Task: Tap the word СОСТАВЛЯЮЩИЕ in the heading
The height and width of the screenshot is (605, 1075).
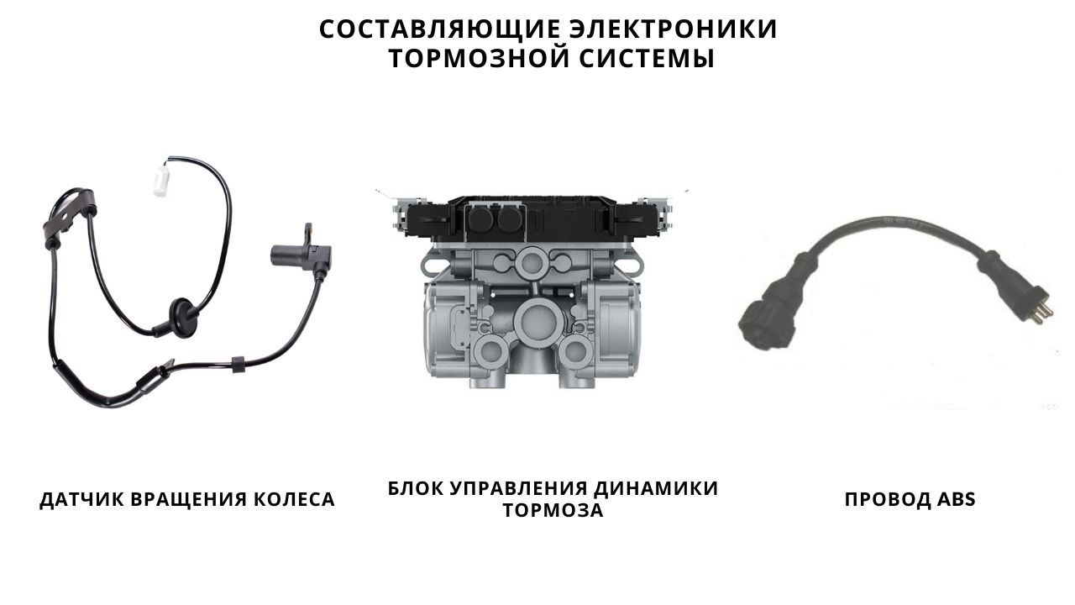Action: coord(439,29)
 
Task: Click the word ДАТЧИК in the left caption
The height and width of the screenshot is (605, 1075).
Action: coord(81,500)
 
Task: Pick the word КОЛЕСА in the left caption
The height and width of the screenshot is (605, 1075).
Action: coord(294,499)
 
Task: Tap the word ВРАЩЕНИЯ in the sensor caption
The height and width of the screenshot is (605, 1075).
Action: coord(189,500)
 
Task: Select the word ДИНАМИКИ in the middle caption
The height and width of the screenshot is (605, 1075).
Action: coord(656,488)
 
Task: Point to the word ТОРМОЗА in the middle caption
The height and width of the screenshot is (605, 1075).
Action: coord(553,510)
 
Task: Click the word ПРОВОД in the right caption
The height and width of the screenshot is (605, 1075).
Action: coord(888,500)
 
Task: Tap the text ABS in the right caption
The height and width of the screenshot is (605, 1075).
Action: coord(957,499)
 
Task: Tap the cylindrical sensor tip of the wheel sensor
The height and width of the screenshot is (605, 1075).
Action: coord(283,255)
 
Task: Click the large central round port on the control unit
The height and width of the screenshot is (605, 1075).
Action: coord(535,318)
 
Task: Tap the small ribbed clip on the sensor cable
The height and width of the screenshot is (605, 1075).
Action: coord(238,365)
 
